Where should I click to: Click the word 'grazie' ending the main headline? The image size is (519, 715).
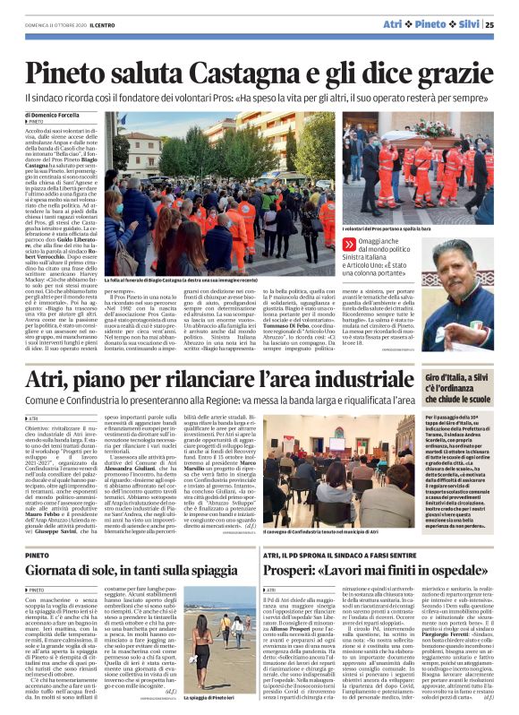[x=453, y=72]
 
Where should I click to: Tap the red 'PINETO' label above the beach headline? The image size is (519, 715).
[x=38, y=553]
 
